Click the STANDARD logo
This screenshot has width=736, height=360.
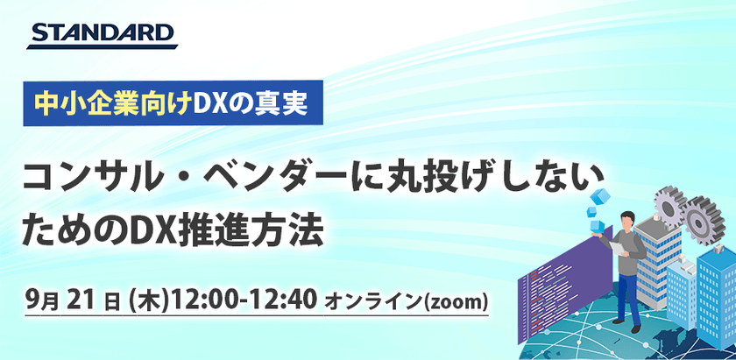[103, 35]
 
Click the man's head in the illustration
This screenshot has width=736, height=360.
[627, 220]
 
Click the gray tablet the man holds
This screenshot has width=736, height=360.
[616, 248]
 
